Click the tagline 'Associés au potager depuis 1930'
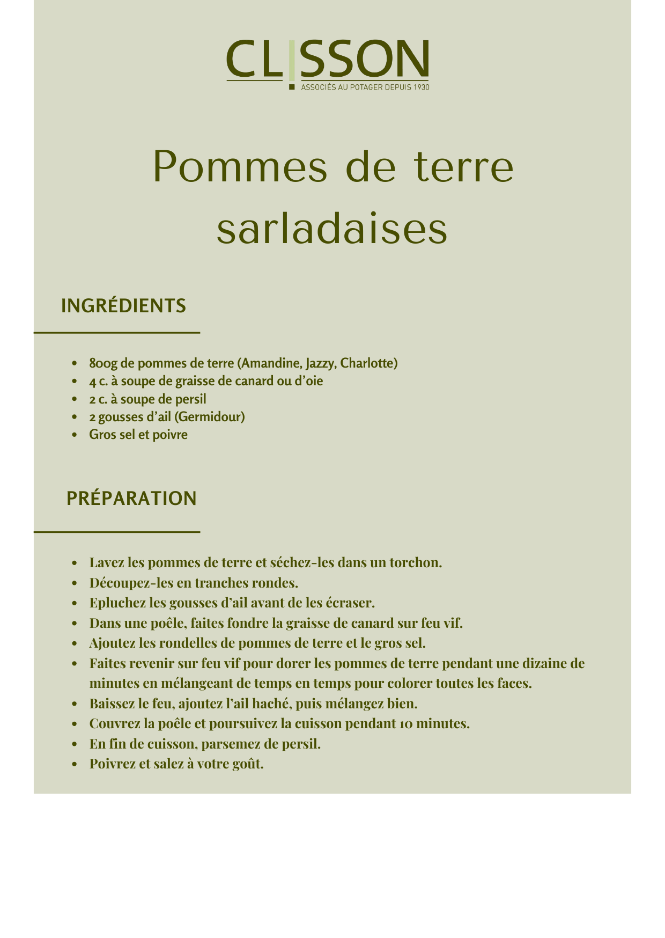(365, 87)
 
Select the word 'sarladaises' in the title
(332, 230)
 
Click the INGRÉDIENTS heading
(123, 306)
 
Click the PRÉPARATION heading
(131, 499)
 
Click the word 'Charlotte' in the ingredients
(369, 363)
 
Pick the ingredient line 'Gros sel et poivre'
(138, 435)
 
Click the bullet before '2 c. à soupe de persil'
(75, 400)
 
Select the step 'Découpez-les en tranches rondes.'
(194, 583)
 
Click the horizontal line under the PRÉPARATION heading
(117, 532)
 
